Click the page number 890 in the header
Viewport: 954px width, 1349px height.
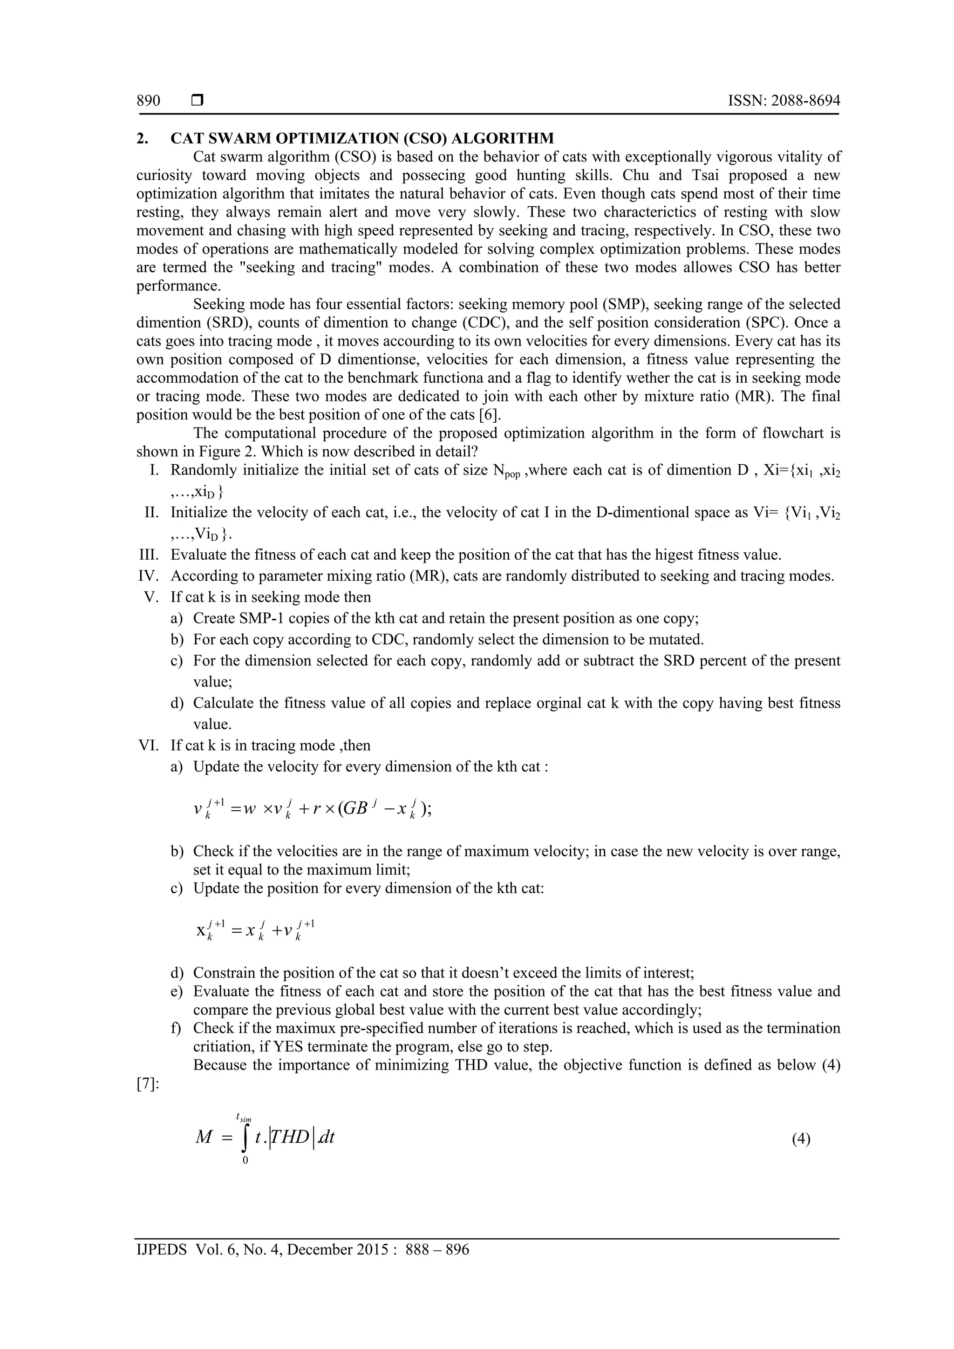coord(148,101)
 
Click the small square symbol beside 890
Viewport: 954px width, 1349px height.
coord(198,101)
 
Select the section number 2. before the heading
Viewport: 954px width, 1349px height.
coord(142,139)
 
